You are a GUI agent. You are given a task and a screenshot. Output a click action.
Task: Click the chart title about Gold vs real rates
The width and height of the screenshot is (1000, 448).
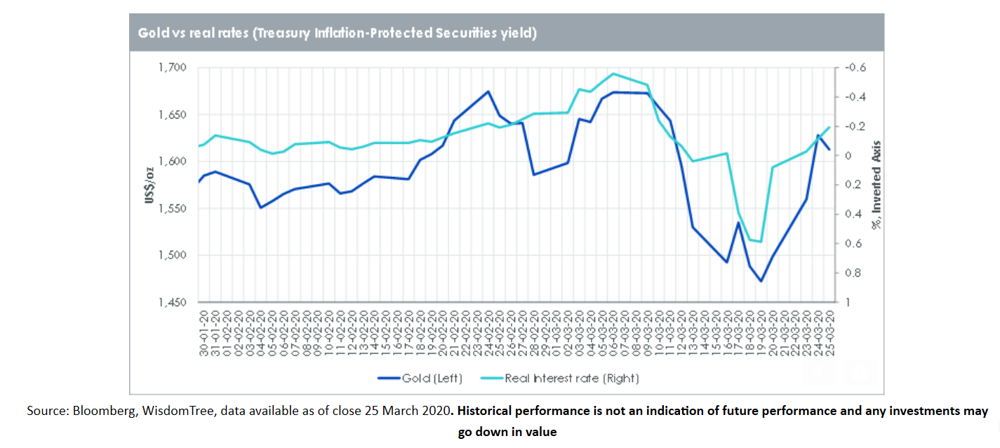337,33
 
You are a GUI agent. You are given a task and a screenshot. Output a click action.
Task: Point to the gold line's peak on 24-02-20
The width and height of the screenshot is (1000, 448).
488,91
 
